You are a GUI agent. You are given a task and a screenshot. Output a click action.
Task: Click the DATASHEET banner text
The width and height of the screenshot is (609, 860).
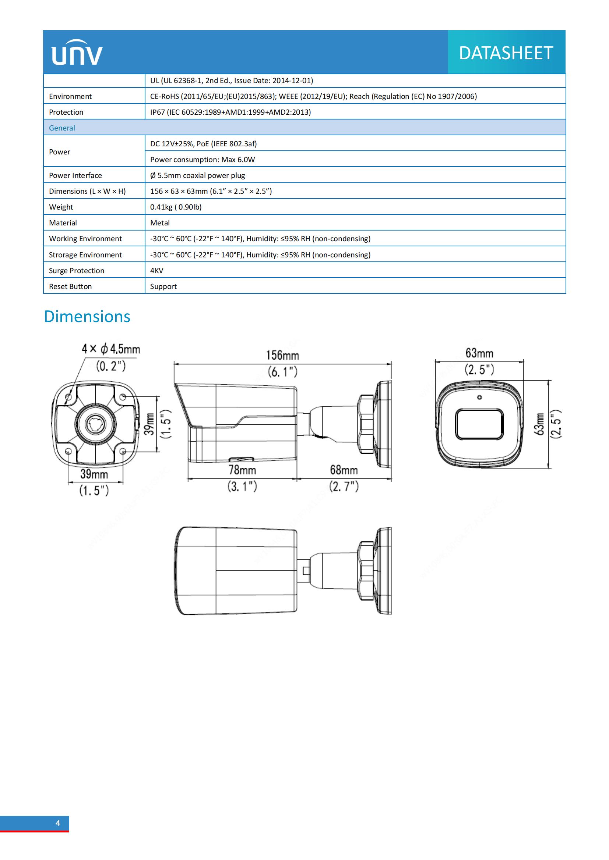click(x=506, y=53)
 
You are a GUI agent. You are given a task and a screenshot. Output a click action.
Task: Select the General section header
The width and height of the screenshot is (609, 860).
click(x=62, y=128)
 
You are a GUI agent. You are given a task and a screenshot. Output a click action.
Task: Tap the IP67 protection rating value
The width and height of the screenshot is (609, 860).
click(x=230, y=112)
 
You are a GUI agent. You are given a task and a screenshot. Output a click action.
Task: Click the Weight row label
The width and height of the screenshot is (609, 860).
click(x=61, y=207)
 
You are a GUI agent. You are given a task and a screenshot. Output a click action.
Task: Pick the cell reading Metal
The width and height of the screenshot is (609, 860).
click(x=160, y=223)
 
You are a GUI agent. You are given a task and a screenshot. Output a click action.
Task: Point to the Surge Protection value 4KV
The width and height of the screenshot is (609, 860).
click(x=157, y=271)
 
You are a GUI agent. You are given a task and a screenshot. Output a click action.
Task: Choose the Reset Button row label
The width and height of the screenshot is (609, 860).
click(x=70, y=286)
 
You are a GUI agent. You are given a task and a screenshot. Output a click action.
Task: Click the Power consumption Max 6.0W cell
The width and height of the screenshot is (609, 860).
click(x=203, y=160)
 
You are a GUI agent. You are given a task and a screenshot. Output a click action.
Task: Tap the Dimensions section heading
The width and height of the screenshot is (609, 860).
click(x=87, y=317)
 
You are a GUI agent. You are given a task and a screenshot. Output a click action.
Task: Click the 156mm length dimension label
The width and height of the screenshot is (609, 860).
click(x=282, y=355)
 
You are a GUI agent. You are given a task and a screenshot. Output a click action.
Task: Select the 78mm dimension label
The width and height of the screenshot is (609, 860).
click(x=242, y=470)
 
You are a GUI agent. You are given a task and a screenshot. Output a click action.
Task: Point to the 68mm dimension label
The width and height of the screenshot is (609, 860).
click(x=344, y=470)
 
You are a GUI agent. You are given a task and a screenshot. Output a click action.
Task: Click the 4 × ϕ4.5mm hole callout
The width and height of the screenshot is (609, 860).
click(x=110, y=349)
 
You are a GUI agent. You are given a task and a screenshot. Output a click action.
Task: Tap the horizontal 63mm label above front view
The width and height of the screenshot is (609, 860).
click(x=479, y=353)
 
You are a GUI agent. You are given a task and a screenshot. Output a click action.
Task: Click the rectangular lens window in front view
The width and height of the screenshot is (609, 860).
click(x=479, y=424)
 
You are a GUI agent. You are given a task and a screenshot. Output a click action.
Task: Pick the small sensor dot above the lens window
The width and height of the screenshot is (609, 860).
click(x=479, y=397)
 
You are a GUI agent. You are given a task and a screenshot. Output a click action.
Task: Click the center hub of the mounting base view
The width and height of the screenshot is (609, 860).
click(x=96, y=424)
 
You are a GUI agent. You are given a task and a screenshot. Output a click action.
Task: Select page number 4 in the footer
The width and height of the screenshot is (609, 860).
click(x=58, y=822)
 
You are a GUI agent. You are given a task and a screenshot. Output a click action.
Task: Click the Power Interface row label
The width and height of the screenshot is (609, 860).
click(x=75, y=175)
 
